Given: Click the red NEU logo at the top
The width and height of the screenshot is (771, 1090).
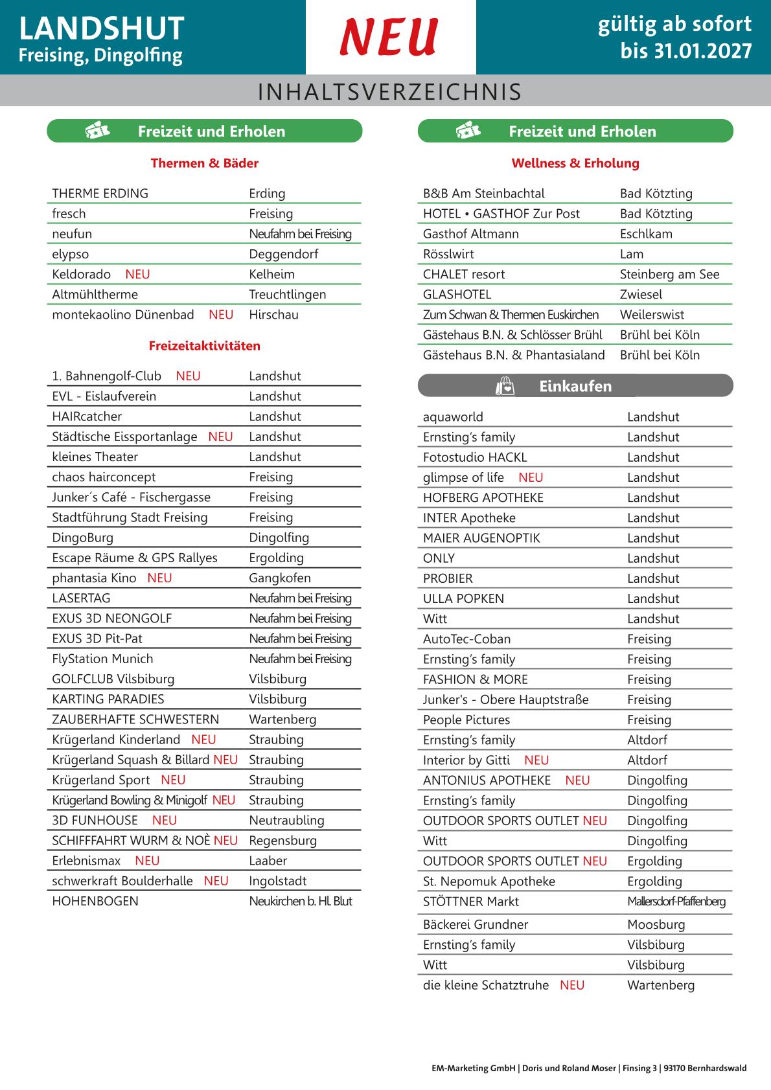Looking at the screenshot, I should (x=389, y=37).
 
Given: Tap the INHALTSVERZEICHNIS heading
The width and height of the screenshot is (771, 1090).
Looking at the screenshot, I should (x=389, y=92).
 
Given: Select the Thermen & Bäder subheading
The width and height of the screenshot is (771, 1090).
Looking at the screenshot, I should (x=204, y=163).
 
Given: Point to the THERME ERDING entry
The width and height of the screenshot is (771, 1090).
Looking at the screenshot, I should (x=100, y=194).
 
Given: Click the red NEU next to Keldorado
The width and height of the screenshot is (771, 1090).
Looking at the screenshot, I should (x=137, y=275).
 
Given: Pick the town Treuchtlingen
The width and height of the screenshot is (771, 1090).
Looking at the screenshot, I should (x=287, y=295).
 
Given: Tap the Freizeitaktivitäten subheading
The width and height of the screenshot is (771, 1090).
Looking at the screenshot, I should (x=204, y=346).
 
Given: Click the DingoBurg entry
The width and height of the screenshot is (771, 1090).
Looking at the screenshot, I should (x=82, y=538).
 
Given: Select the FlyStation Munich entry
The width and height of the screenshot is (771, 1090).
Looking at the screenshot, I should (x=102, y=659).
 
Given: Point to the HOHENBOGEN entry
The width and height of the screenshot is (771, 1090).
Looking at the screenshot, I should (x=95, y=901).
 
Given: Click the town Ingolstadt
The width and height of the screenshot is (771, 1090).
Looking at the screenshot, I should (x=277, y=881).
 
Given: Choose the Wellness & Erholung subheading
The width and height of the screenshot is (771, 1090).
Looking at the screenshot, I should (x=575, y=163).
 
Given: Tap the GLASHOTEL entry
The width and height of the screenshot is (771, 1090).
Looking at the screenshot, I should (x=457, y=295).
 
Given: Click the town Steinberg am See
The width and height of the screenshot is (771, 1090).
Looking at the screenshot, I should (x=669, y=275).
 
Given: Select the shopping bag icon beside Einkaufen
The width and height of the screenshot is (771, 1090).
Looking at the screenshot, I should (x=505, y=387).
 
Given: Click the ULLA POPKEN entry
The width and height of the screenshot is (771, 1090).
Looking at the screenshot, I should (x=463, y=598).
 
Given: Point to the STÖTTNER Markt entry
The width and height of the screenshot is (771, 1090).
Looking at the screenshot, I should (x=470, y=902).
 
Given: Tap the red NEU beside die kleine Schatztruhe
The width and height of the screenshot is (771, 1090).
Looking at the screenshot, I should (x=572, y=985).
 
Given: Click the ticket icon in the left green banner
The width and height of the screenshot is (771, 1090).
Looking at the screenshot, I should (x=97, y=131).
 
